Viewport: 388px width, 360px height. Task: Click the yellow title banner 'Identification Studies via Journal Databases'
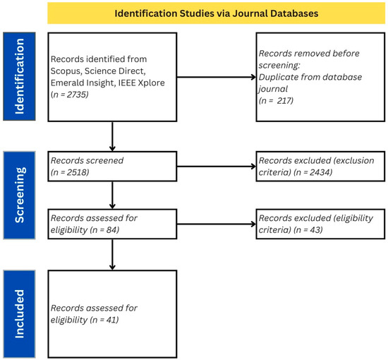pos(217,13)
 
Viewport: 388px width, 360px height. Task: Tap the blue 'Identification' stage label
pos(19,76)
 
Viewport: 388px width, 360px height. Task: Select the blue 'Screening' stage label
pos(19,196)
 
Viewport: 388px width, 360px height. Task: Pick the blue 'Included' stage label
pos(19,314)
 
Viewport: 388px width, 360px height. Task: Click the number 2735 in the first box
pos(76,95)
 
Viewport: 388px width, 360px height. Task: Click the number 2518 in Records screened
pos(77,172)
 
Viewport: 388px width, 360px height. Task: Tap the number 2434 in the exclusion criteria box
pos(320,172)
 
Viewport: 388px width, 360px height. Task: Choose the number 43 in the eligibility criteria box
pos(315,230)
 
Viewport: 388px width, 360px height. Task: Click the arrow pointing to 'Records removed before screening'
pos(217,77)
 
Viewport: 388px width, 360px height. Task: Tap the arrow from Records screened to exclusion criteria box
pos(217,167)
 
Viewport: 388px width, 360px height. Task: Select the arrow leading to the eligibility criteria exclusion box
pos(217,224)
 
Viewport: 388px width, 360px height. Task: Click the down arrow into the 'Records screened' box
pos(112,136)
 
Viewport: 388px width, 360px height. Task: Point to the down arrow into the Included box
pos(112,254)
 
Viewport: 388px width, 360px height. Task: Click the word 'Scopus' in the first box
pos(66,71)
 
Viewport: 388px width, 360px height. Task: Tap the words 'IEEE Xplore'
pos(141,83)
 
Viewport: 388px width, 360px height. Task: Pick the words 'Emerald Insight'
pos(83,83)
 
